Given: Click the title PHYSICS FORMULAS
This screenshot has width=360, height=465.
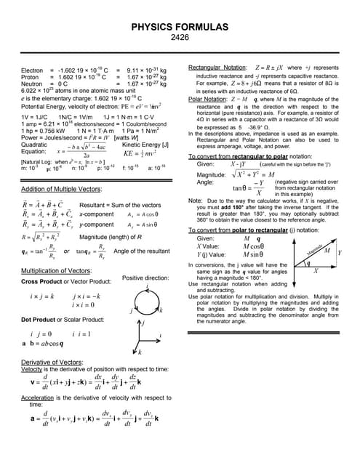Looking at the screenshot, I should click(x=179, y=27).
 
